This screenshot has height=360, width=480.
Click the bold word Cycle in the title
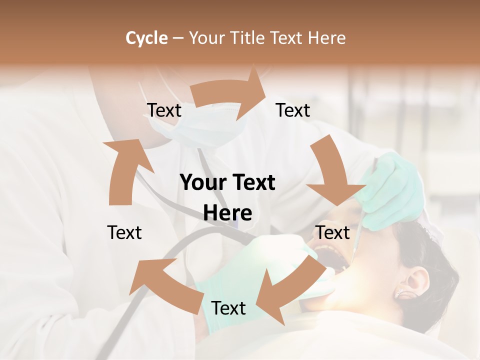(146, 38)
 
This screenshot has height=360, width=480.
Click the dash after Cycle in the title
(178, 38)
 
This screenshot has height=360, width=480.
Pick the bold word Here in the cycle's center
(227, 213)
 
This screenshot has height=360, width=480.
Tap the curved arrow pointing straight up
(125, 170)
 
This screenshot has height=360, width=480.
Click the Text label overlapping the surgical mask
(164, 110)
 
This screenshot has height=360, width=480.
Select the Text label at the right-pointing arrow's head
(293, 110)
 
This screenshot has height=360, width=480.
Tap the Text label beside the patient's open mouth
(332, 232)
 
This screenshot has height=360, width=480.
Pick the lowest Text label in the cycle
(228, 308)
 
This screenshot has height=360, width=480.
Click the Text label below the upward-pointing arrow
(124, 232)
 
